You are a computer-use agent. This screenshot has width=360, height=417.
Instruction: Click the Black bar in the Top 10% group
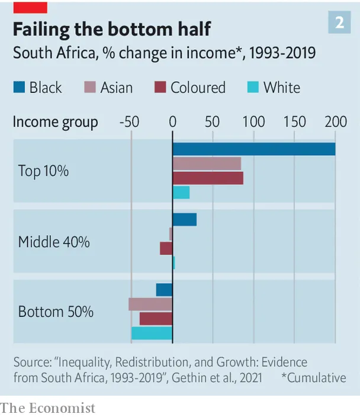click(254, 149)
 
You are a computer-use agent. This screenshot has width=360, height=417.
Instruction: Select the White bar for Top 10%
click(181, 193)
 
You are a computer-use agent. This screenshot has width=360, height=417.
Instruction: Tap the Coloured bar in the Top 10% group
click(208, 178)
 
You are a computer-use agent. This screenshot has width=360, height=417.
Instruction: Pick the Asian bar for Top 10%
click(207, 163)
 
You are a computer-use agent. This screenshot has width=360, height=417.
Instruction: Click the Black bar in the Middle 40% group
click(185, 219)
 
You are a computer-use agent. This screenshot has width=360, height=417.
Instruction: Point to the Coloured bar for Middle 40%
click(166, 248)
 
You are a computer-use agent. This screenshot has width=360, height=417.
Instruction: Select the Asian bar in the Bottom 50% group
click(150, 304)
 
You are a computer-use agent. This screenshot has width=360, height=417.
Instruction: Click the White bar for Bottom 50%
click(152, 333)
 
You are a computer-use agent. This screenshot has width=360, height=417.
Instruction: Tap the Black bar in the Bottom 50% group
click(165, 290)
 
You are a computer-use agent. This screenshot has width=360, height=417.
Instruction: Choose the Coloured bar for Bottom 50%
click(156, 319)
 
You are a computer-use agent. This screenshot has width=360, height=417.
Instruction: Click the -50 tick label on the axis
click(129, 122)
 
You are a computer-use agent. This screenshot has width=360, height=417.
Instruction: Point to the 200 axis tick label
click(336, 122)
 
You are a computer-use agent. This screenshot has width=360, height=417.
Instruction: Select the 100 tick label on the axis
click(253, 122)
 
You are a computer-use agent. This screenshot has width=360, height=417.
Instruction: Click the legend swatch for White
click(253, 87)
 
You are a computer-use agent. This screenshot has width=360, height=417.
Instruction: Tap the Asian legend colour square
click(90, 87)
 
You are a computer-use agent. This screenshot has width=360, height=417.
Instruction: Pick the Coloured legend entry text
click(198, 88)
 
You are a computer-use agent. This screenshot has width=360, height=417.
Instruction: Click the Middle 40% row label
click(54, 242)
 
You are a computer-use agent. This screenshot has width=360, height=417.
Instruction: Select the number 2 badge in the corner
click(339, 23)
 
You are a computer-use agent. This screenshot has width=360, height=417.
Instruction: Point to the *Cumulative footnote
click(314, 378)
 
